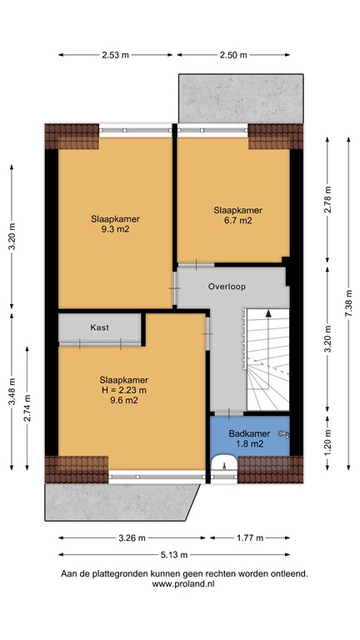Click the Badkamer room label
pos(249,433)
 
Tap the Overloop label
pos(227,287)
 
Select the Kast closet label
pos(100,327)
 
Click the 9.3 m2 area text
pos(116,229)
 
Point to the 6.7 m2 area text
pos(238,221)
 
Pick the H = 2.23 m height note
pos(123,390)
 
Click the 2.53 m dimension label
pos(115,55)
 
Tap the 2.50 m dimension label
pos(233,55)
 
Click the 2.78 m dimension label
pos(327,200)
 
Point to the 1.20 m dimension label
pos(327,443)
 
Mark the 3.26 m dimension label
pos(132,538)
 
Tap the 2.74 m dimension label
pos(27,407)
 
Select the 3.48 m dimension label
pos(12,391)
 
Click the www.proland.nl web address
pos(183,583)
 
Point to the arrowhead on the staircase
pos(268,313)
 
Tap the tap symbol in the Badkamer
pos(284,434)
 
